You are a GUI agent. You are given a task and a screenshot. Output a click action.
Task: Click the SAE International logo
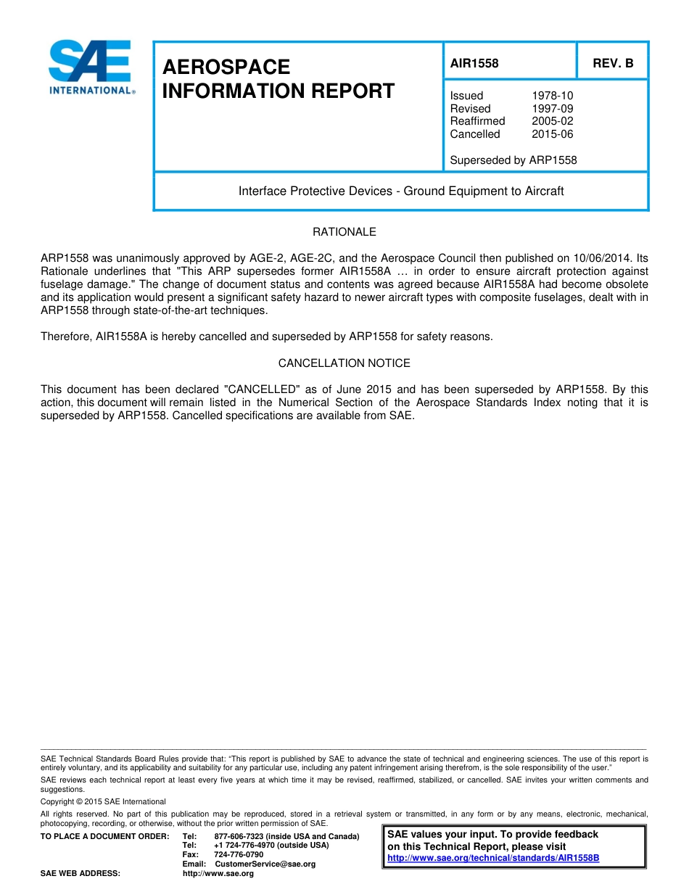pyautogui.click(x=91, y=67)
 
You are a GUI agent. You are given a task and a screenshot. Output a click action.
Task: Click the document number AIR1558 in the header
pyautogui.click(x=474, y=63)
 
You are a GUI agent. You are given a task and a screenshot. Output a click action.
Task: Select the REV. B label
pyautogui.click(x=613, y=63)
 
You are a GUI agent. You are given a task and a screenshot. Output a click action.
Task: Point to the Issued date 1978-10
pyautogui.click(x=552, y=96)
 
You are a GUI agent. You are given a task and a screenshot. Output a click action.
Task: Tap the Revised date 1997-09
pyautogui.click(x=552, y=109)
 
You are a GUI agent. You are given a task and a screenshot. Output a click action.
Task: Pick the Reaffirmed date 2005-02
pyautogui.click(x=552, y=121)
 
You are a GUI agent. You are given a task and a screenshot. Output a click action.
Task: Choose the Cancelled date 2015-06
pyautogui.click(x=552, y=134)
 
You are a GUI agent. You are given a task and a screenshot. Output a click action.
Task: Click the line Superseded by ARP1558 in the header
pyautogui.click(x=513, y=160)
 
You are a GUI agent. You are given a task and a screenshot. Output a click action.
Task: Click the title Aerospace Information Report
pyautogui.click(x=279, y=79)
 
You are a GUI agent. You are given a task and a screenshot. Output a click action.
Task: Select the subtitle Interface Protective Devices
pyautogui.click(x=401, y=191)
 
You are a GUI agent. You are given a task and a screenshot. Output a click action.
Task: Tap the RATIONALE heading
pyautogui.click(x=344, y=232)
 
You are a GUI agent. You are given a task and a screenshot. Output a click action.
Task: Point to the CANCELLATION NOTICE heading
pyautogui.click(x=344, y=363)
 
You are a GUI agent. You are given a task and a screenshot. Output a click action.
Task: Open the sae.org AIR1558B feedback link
pyautogui.click(x=493, y=858)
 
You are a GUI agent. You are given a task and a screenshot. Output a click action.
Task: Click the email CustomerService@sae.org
pyautogui.click(x=265, y=864)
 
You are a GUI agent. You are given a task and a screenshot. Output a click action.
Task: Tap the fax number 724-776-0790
pyautogui.click(x=239, y=855)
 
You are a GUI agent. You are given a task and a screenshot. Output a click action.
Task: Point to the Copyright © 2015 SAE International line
pyautogui.click(x=103, y=801)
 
